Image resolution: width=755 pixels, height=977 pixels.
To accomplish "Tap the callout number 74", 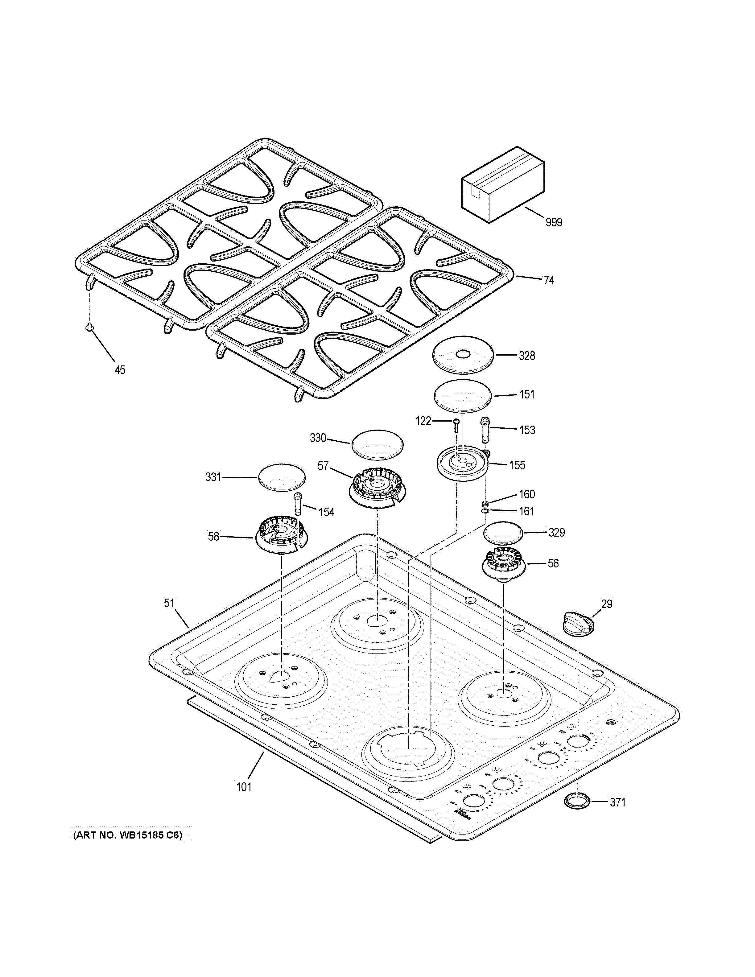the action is [549, 280].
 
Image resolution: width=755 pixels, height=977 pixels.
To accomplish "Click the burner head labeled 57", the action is [377, 488].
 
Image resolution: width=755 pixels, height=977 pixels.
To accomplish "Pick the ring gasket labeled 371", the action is [577, 802].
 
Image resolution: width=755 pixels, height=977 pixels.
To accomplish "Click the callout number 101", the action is [244, 786].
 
